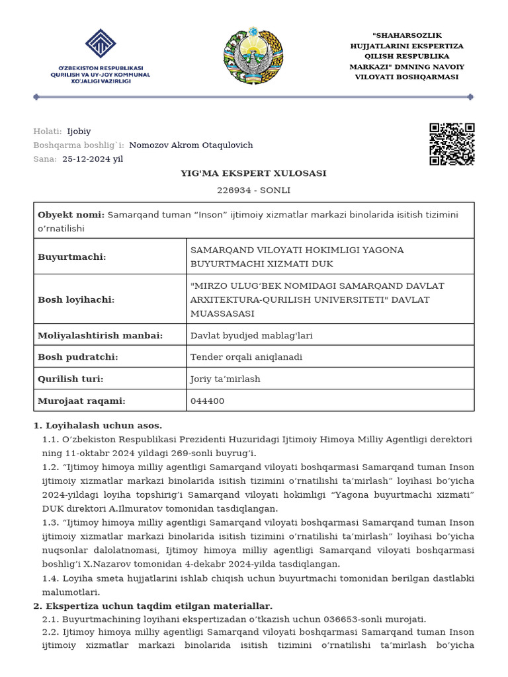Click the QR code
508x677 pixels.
tap(452, 143)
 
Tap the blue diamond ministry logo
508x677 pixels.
tap(101, 45)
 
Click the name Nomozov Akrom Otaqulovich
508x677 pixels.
tap(190, 145)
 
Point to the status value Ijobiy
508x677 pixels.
tap(79, 131)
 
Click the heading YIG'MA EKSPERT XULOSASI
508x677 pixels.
tap(253, 173)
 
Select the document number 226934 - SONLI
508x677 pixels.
tap(253, 190)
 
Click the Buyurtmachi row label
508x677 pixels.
tap(72, 257)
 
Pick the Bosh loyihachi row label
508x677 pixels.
tap(76, 299)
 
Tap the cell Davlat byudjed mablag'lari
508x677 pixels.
tap(251, 335)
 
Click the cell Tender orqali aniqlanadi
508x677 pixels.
tap(246, 357)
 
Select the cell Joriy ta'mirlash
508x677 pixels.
tap(225, 379)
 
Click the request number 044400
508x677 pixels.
tap(207, 401)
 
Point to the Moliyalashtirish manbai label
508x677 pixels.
tap(100, 335)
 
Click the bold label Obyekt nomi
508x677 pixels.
tap(71, 215)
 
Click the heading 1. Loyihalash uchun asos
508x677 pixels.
tap(97, 425)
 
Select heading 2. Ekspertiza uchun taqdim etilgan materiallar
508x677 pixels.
tap(152, 606)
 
